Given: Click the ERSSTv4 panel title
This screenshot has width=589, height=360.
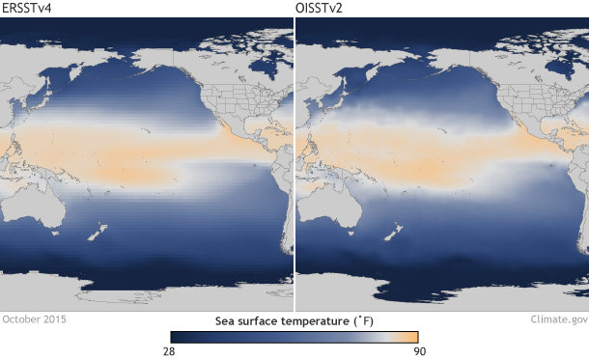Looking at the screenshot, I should pos(26,9).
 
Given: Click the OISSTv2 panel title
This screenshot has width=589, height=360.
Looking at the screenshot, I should pos(323,9).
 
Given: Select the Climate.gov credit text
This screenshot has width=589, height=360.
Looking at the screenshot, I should pos(558,318).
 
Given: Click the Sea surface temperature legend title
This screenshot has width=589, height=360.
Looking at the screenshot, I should pos(294,318).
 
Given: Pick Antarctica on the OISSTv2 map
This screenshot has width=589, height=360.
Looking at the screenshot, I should pos(439,301).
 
